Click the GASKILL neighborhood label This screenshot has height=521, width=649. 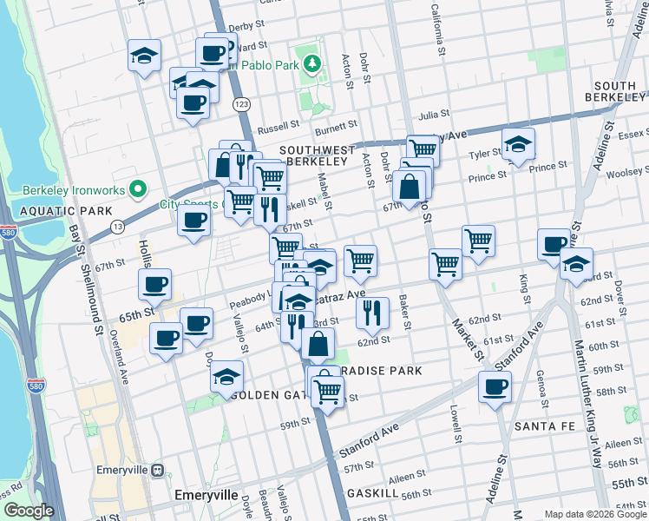point(372,492)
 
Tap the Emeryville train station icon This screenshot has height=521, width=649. point(157,470)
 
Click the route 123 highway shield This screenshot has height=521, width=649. point(241,104)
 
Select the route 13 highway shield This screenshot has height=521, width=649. point(116,227)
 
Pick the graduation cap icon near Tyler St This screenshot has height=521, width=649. point(518,143)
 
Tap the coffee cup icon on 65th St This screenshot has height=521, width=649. point(155,284)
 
